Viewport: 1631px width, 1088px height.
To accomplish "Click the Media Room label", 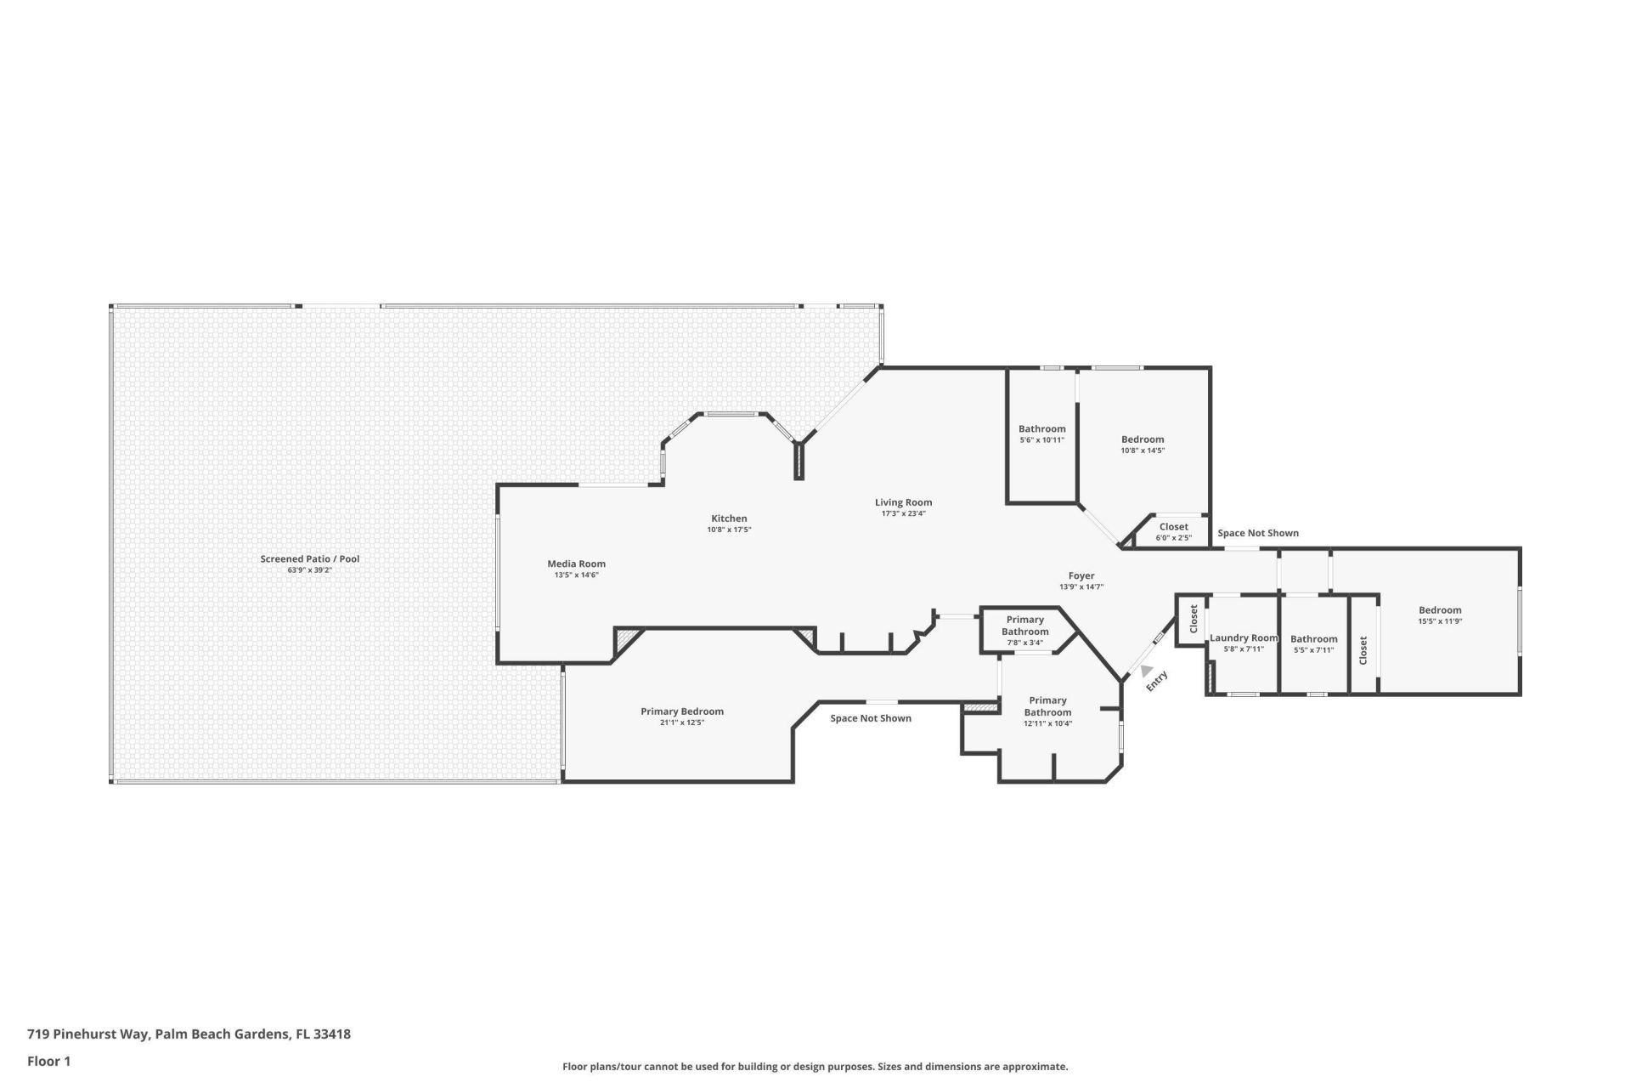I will click(576, 564).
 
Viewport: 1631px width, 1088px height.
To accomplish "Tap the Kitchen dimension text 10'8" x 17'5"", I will click(729, 530).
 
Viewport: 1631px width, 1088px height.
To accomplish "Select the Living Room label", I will click(903, 502).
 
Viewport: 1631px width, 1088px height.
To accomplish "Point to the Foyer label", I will click(1081, 575).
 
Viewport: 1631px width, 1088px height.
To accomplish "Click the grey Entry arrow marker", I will click(1146, 671).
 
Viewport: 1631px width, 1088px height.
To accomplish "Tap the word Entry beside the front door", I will click(1158, 681).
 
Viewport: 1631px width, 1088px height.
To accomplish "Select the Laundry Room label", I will click(1243, 638).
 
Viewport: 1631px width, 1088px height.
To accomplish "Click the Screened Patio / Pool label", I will click(309, 558).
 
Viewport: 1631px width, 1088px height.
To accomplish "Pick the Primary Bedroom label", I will click(681, 711).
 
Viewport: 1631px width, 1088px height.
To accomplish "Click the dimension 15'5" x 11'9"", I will click(1439, 621).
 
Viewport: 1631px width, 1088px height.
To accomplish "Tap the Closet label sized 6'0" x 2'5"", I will click(1173, 527).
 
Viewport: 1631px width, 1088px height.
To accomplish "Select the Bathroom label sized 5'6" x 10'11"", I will click(1041, 428).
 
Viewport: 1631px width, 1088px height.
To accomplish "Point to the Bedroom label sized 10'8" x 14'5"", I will click(1142, 439).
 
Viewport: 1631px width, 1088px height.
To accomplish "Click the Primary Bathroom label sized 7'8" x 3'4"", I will click(1024, 626).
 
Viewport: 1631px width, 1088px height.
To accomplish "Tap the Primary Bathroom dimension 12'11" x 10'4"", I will click(1047, 724).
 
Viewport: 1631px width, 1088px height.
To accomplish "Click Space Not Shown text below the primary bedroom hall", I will click(870, 718).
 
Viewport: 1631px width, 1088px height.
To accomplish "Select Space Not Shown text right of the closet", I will click(1257, 533).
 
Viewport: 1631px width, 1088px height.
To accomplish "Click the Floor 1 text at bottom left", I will click(48, 1061).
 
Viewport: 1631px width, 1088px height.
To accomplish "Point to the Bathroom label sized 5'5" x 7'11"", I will click(1313, 639).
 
